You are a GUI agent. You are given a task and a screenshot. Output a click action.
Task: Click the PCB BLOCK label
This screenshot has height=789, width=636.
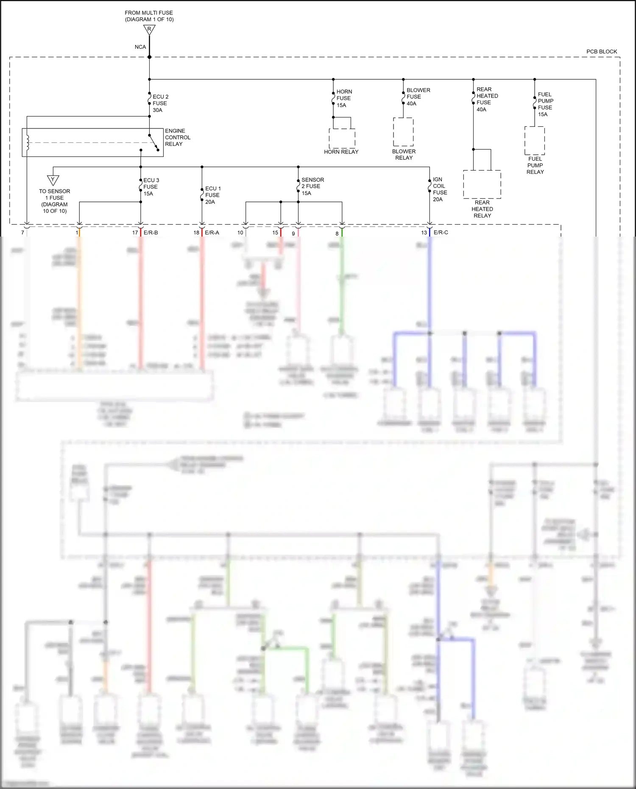601,52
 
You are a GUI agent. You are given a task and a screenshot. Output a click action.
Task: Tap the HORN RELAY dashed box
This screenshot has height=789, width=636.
342,138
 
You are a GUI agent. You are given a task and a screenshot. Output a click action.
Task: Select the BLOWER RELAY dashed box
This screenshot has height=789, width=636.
403,132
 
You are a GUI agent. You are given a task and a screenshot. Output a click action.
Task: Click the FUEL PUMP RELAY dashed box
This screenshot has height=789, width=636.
535,140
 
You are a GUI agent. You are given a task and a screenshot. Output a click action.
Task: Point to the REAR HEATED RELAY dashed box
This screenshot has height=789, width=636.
482,184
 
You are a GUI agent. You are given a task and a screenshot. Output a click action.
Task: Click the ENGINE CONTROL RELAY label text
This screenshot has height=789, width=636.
177,137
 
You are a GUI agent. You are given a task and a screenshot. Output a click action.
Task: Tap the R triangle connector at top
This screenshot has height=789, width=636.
149,30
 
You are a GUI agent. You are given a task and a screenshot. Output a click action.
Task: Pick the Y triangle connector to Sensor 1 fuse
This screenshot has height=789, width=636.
53,180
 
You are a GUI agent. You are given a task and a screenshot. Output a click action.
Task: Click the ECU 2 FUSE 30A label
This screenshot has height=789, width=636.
160,103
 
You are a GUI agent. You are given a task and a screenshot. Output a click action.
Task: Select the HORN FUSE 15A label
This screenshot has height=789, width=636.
344,98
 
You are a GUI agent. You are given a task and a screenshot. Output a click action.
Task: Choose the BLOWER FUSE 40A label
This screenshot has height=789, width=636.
418,97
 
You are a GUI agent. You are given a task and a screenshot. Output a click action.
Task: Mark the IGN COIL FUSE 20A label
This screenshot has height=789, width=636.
440,190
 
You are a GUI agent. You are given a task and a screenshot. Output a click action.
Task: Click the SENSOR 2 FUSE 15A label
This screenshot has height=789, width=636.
312,187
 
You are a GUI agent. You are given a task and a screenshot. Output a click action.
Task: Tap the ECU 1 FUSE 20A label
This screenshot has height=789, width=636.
213,195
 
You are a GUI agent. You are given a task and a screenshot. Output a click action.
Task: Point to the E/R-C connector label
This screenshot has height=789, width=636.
441,233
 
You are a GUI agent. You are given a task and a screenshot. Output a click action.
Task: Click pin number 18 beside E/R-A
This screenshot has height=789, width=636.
196,233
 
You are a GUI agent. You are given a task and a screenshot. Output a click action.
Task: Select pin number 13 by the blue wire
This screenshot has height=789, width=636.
424,233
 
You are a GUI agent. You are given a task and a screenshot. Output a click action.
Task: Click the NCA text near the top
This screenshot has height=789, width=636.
140,47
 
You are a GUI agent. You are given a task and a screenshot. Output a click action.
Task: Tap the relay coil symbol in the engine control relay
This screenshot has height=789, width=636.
28,143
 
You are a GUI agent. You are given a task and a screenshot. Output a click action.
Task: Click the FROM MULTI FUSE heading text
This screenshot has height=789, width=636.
149,13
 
